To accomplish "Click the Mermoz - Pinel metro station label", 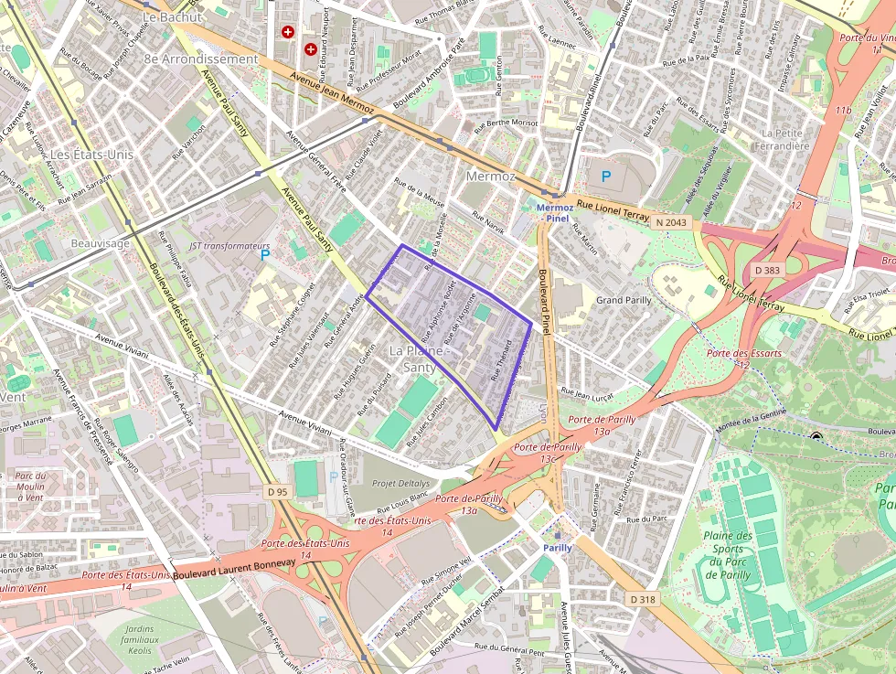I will click(x=555, y=213).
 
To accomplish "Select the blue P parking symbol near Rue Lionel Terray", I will click(x=605, y=175).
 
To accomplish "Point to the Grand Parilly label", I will click(x=624, y=300).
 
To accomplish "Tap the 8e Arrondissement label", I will click(x=201, y=59).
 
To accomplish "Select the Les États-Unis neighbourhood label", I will click(x=91, y=155).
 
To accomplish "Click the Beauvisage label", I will click(x=101, y=243).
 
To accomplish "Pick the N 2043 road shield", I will click(x=670, y=221).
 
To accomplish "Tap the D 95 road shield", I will click(x=278, y=493).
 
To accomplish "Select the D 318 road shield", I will click(x=644, y=599).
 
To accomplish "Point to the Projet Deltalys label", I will click(x=400, y=483).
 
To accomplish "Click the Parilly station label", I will click(x=558, y=547).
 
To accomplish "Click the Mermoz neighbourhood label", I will click(x=491, y=176).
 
